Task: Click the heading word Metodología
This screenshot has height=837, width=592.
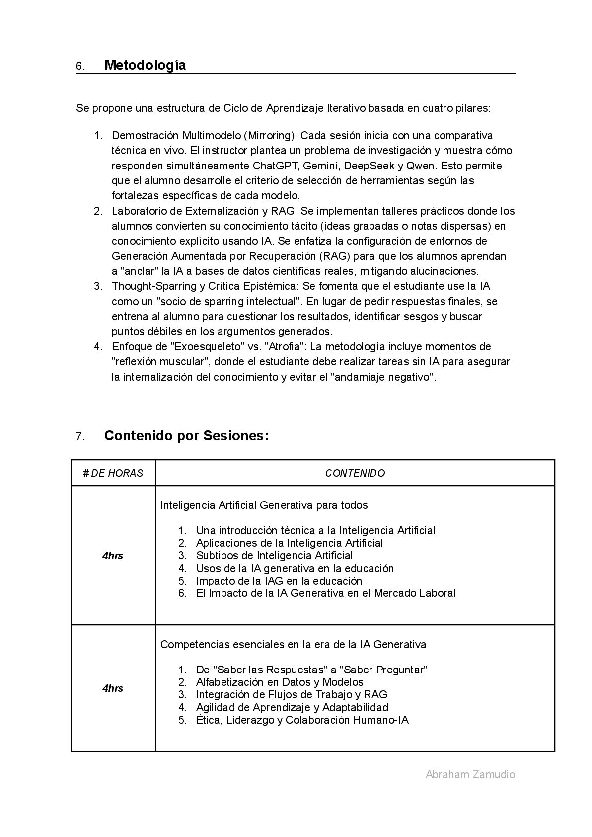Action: click(x=145, y=65)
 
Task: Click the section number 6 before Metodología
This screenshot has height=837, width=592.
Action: click(x=79, y=66)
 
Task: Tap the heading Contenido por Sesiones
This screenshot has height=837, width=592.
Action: click(x=186, y=436)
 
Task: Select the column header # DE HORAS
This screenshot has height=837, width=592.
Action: click(x=113, y=473)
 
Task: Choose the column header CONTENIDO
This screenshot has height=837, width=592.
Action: click(x=355, y=473)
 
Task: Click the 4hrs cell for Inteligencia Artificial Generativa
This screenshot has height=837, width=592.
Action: click(x=113, y=556)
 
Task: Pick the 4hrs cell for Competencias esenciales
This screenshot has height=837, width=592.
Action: click(x=113, y=688)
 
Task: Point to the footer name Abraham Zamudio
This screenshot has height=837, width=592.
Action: click(x=470, y=774)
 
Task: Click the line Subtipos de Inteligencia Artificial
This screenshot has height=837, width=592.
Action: click(x=274, y=556)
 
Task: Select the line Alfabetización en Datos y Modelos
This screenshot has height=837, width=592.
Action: click(x=280, y=682)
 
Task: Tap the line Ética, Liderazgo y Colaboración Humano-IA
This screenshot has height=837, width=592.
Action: click(x=302, y=720)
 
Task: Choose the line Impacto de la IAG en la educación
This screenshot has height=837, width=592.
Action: click(x=279, y=581)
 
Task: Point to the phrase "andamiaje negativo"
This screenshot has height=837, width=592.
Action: click(x=383, y=377)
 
